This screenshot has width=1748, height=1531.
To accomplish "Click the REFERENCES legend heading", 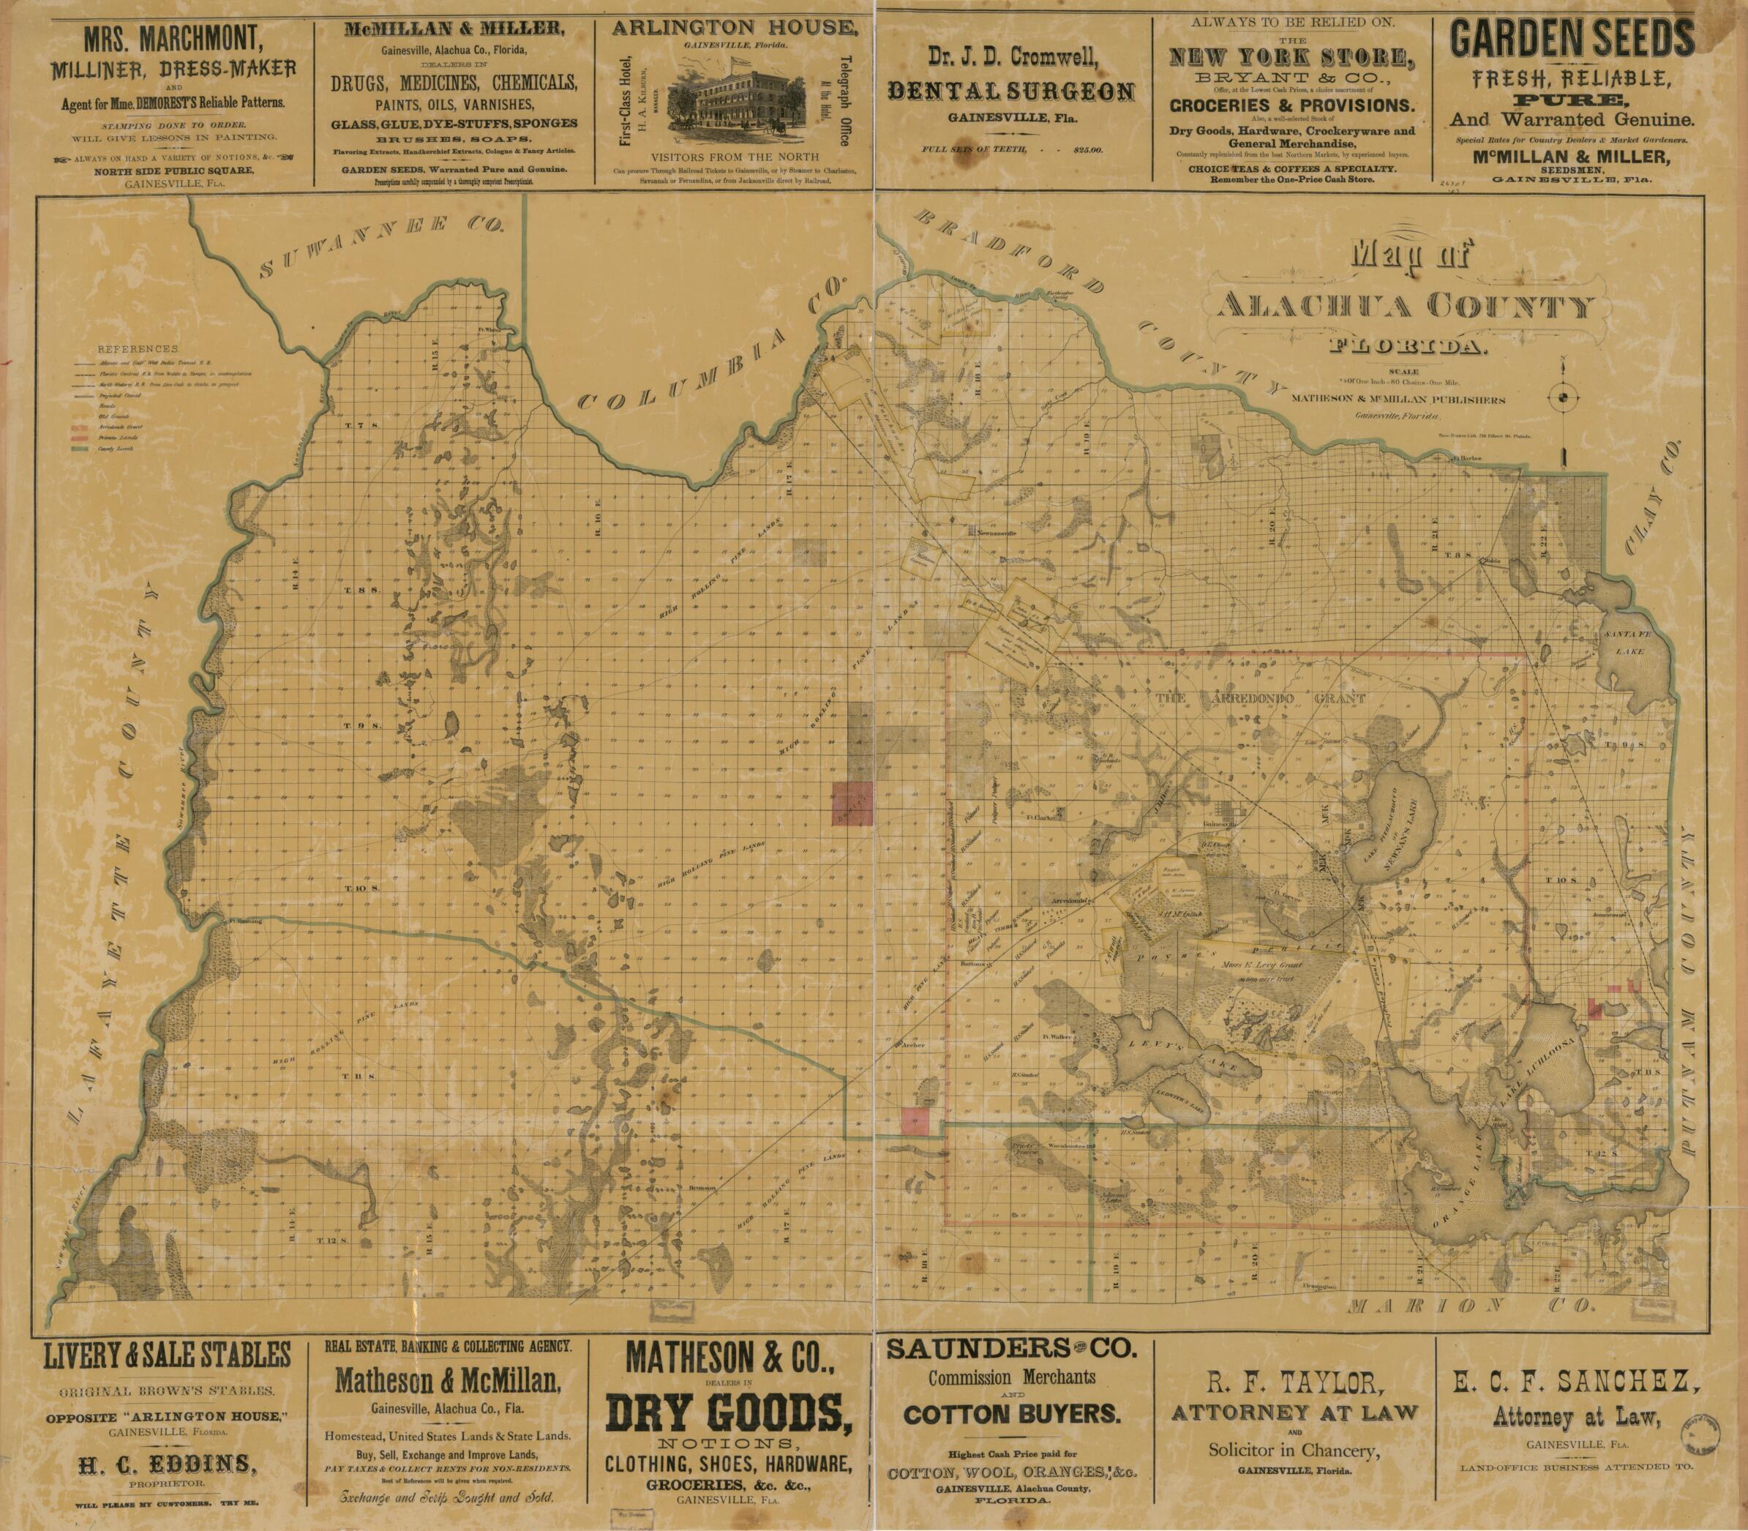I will pyautogui.click(x=138, y=349).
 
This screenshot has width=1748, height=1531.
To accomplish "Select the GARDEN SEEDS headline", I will pyautogui.click(x=1572, y=40).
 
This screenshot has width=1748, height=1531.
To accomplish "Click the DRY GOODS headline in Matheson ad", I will pyautogui.click(x=729, y=1410).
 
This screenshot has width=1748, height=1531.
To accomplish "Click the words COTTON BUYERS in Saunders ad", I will pyautogui.click(x=1011, y=1413).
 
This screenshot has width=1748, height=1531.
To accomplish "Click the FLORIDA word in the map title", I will pyautogui.click(x=1407, y=347).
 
